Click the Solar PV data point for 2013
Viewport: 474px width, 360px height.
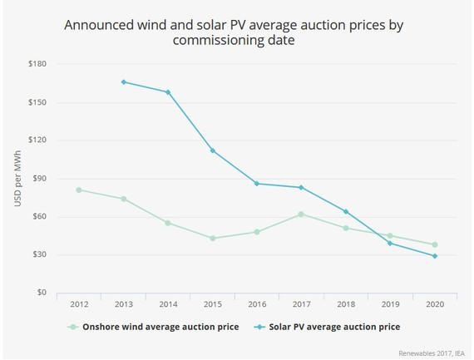tap(123, 82)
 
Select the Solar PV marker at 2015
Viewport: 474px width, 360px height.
tap(212, 150)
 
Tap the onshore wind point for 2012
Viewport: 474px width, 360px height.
tap(79, 190)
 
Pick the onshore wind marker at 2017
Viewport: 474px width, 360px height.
tap(301, 215)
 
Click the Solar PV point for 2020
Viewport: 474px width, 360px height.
tap(434, 256)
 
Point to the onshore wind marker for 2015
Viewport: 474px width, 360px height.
tap(212, 239)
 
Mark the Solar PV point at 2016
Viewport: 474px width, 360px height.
tap(256, 184)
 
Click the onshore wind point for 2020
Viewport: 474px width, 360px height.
tap(434, 244)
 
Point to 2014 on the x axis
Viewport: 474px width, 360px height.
tap(168, 305)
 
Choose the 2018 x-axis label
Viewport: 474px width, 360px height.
tap(345, 305)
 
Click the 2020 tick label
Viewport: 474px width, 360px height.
tap(434, 305)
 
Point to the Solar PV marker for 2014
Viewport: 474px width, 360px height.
tap(168, 92)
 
